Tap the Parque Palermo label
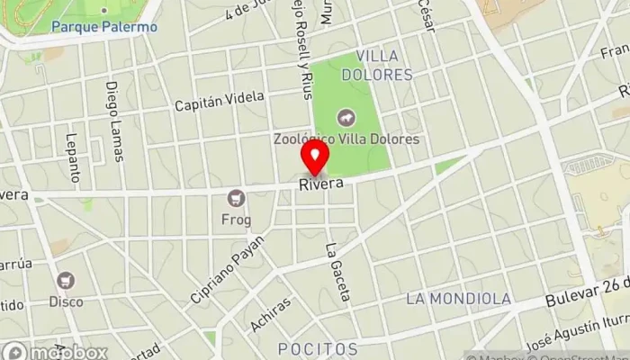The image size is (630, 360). (x=104, y=27)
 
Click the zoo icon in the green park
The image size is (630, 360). (x=345, y=118)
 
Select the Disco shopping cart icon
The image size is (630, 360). (x=66, y=280)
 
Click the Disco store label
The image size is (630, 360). (x=66, y=302)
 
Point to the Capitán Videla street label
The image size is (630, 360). (x=220, y=102)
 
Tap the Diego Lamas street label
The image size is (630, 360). (x=114, y=122)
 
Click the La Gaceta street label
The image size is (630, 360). (x=337, y=271)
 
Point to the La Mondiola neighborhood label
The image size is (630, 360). (x=458, y=298)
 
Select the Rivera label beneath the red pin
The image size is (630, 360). (x=322, y=184)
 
